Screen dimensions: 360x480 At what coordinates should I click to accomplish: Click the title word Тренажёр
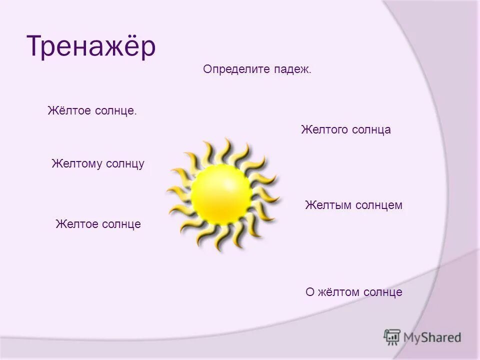click(91, 47)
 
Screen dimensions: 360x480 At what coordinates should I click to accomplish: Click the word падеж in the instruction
click(292, 70)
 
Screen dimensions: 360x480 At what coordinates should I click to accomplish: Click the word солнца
click(370, 130)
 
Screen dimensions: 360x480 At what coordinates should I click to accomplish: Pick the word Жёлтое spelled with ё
click(68, 110)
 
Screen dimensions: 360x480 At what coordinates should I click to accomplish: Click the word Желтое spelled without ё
click(76, 224)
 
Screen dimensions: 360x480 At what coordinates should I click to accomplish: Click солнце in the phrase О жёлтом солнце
click(383, 292)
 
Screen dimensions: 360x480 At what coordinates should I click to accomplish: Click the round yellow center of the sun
click(221, 194)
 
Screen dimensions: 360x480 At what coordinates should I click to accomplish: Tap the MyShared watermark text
click(432, 337)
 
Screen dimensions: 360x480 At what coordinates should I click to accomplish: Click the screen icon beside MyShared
click(392, 337)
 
